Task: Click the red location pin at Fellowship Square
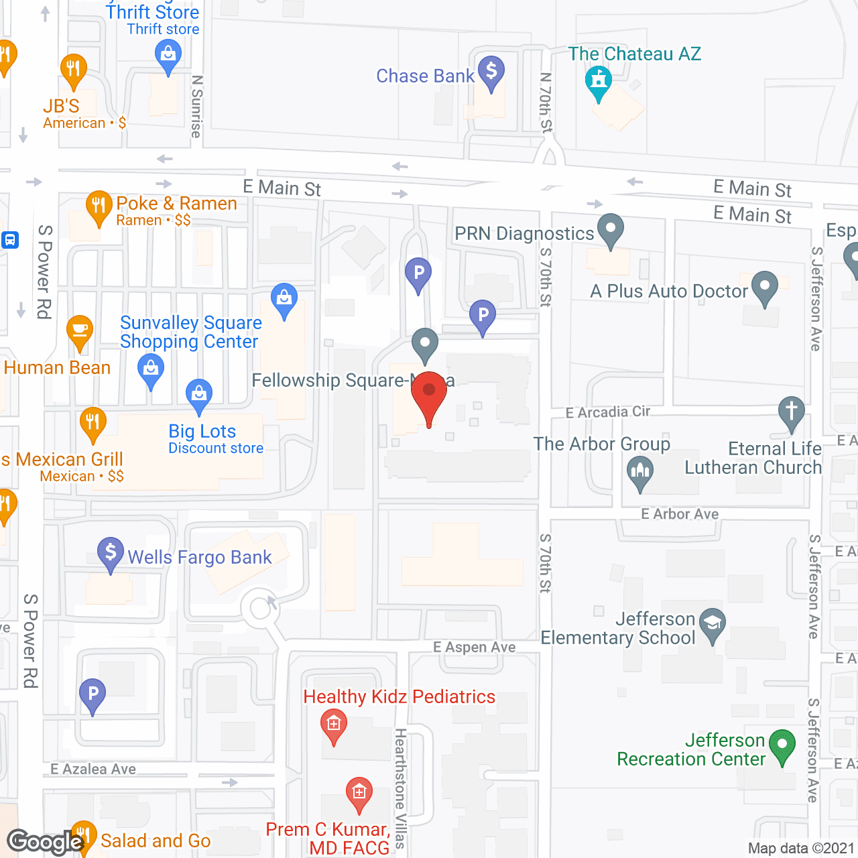[428, 393]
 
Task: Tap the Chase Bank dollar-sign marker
[491, 70]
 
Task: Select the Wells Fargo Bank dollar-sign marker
[111, 554]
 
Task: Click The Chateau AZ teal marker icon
[599, 82]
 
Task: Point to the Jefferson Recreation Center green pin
[782, 745]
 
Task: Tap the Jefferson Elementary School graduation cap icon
[712, 623]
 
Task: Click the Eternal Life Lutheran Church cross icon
[792, 410]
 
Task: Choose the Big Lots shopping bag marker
[199, 394]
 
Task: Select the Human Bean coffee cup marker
[80, 330]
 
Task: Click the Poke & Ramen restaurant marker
[99, 206]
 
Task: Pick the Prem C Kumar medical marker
[359, 793]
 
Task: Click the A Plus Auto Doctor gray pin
[765, 287]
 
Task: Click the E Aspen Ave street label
[475, 647]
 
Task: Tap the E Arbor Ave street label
[680, 514]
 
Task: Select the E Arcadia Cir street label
[607, 412]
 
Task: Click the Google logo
[45, 842]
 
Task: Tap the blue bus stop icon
[10, 239]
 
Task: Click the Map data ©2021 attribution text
[801, 848]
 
